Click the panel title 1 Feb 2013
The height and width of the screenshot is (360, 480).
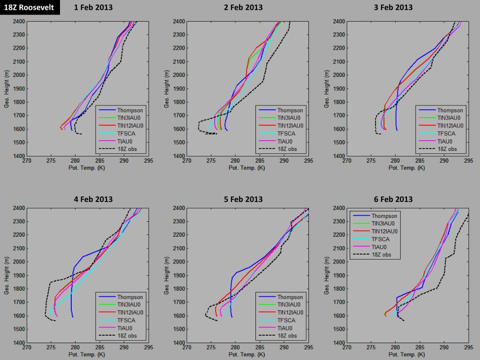pos(93,7)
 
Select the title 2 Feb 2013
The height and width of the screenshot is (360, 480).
pos(243,7)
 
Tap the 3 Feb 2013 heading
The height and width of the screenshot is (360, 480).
pos(393,7)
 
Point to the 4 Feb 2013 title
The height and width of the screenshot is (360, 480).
pos(93,199)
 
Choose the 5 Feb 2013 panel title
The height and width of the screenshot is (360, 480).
pos(243,199)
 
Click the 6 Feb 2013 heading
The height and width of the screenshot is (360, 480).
pos(393,199)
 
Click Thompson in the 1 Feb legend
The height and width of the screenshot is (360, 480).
pos(130,110)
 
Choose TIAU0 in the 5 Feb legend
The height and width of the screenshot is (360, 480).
pos(285,328)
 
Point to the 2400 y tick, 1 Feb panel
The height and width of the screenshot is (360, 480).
pos(19,22)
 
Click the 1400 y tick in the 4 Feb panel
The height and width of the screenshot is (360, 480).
pos(19,343)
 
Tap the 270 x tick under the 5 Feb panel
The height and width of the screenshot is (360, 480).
pos(187,348)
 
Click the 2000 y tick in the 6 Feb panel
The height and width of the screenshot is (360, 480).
pos(339,262)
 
